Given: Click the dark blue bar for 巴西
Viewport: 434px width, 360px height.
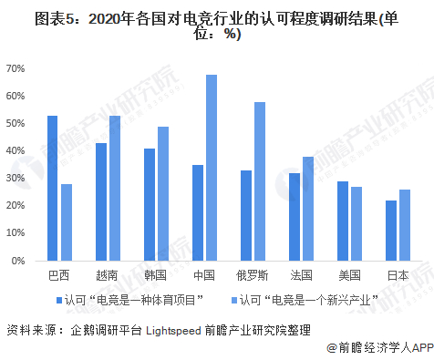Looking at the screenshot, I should click(x=53, y=188).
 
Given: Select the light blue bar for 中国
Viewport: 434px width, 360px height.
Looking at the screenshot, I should click(x=211, y=168).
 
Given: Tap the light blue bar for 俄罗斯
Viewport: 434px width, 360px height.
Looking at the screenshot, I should click(x=260, y=181).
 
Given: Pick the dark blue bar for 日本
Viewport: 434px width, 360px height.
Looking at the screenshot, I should click(x=390, y=231).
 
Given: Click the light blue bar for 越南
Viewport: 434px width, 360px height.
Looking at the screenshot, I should click(x=114, y=188).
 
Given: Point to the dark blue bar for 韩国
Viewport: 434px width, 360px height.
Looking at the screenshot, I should click(x=149, y=204).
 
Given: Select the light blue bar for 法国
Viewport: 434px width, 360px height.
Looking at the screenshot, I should click(x=308, y=209).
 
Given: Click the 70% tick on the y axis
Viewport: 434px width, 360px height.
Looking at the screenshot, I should click(x=15, y=68).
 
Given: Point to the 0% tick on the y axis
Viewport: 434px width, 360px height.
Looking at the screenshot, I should click(x=17, y=261).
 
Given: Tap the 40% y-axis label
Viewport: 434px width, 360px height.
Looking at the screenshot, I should click(x=15, y=151).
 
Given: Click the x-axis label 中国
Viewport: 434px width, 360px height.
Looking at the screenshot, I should click(x=204, y=275).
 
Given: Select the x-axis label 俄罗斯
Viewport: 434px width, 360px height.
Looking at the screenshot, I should click(x=253, y=275).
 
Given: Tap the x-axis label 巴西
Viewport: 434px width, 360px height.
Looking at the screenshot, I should click(x=58, y=275).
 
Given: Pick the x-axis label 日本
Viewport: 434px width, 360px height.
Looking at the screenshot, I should click(x=398, y=275).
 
